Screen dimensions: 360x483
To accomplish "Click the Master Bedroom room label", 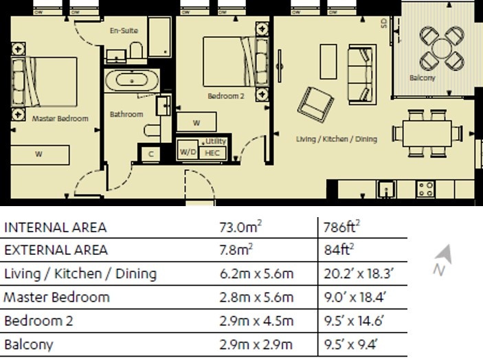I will tap(60, 118).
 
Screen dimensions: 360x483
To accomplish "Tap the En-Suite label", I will tap(124, 32).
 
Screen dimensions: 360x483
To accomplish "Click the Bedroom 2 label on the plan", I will tap(226, 96).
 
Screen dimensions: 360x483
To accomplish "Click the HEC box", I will tap(211, 153).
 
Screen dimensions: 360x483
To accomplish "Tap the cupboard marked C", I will tap(151, 154).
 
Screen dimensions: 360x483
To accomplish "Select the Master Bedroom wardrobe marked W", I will tap(38, 155).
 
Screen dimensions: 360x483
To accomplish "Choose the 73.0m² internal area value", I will tap(240, 227).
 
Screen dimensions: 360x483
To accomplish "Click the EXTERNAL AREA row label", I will tap(56, 250).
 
